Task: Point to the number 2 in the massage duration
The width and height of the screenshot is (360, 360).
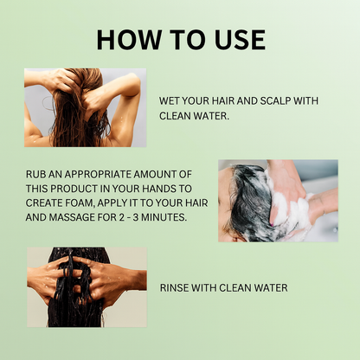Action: point(122,217)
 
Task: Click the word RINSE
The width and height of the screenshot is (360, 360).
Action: point(174,288)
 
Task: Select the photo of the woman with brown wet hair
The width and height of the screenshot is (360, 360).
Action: point(85,107)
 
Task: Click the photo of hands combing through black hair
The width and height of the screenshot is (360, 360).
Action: point(87,287)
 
